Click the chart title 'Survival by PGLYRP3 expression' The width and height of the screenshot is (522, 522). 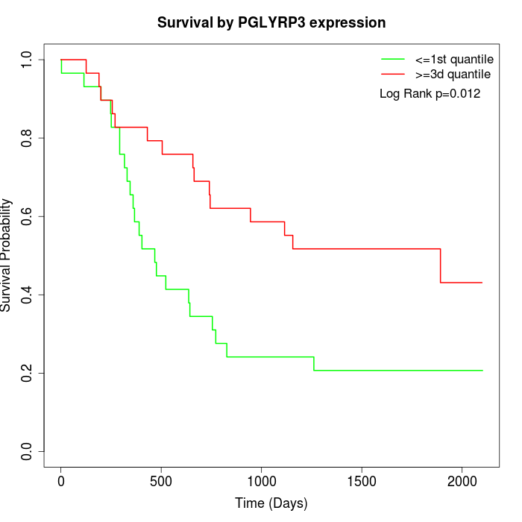pos(271,22)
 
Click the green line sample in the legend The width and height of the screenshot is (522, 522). pos(393,59)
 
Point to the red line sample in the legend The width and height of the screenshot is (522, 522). pos(393,74)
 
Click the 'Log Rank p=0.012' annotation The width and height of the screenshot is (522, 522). pos(430,94)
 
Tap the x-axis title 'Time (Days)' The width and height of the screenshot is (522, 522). pos(271,503)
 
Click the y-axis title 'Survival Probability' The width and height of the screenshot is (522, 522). pos(7,255)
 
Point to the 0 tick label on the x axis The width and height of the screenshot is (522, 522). pos(61,479)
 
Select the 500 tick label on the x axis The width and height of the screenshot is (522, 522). pos(161,479)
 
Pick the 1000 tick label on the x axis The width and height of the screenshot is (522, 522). pos(262,479)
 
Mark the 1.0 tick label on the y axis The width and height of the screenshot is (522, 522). pos(28,60)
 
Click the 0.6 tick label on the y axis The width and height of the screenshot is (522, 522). pos(28,216)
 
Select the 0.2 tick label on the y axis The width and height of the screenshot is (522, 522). pos(28,373)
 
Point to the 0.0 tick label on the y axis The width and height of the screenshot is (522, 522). pos(28,451)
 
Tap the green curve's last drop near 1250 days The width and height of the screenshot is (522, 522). pos(314,363)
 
